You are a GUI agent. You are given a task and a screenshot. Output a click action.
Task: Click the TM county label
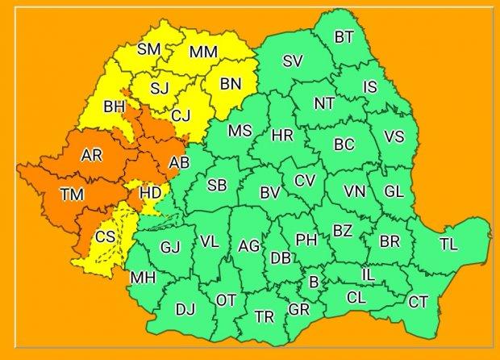pos(71,194)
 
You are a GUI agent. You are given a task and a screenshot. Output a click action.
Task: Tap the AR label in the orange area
pos(92,155)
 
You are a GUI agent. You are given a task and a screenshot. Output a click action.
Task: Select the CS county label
pos(105,237)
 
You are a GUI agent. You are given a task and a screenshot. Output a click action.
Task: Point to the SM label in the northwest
pos(148,49)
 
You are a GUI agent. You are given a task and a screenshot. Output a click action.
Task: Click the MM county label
pos(202,52)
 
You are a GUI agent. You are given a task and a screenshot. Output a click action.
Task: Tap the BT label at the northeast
pos(344,36)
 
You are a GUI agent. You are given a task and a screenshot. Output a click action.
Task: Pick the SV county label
pos(293,61)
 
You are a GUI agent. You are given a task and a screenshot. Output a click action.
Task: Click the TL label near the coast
pos(448,245)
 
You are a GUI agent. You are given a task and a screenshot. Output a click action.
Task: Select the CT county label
pos(418,302)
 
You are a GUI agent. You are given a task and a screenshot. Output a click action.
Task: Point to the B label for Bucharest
pos(315,282)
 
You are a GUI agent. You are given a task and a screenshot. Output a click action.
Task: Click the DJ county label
pos(185,308)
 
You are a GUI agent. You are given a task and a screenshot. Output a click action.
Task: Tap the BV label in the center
pos(269,193)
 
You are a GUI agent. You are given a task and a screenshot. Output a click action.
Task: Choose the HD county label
pos(151,193)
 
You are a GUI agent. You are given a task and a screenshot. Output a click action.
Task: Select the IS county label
pos(370,86)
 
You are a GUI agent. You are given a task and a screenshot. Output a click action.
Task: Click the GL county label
pos(394,191)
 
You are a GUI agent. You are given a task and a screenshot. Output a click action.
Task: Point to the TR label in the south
pos(265,316)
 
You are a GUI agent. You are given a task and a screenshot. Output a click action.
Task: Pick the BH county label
pos(114,105)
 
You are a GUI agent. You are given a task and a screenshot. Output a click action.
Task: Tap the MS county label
pos(240,131)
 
